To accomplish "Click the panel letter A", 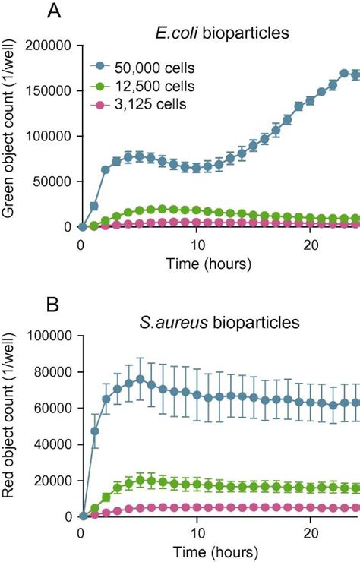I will (53, 11).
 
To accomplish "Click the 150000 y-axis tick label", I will (49, 91).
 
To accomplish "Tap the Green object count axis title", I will (10, 137).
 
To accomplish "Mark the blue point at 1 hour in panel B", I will (94, 431).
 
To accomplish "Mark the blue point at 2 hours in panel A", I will (106, 169).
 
